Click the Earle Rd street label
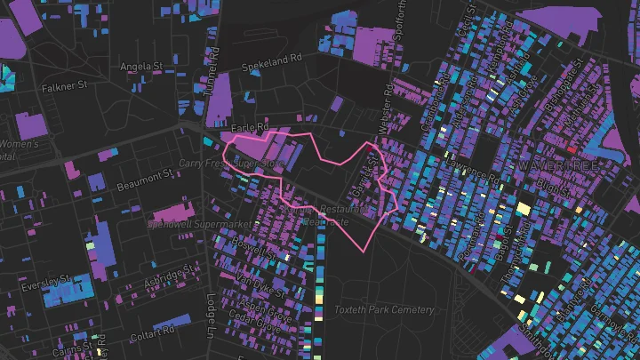(250, 127)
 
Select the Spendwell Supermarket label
(204, 224)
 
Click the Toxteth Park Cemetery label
(384, 310)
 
